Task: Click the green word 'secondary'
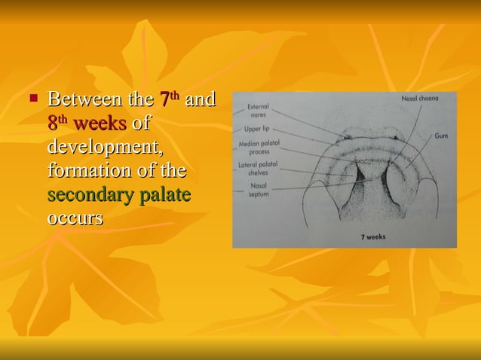click(90, 195)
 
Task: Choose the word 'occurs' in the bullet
click(75, 219)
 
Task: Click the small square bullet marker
click(33, 98)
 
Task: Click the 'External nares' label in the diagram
click(258, 111)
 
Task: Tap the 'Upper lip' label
click(258, 130)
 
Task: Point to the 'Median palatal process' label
click(258, 148)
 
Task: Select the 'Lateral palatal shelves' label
click(258, 167)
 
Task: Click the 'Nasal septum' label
click(258, 188)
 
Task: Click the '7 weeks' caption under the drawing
click(371, 236)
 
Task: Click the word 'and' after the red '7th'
click(201, 99)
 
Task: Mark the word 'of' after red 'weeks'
click(141, 124)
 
